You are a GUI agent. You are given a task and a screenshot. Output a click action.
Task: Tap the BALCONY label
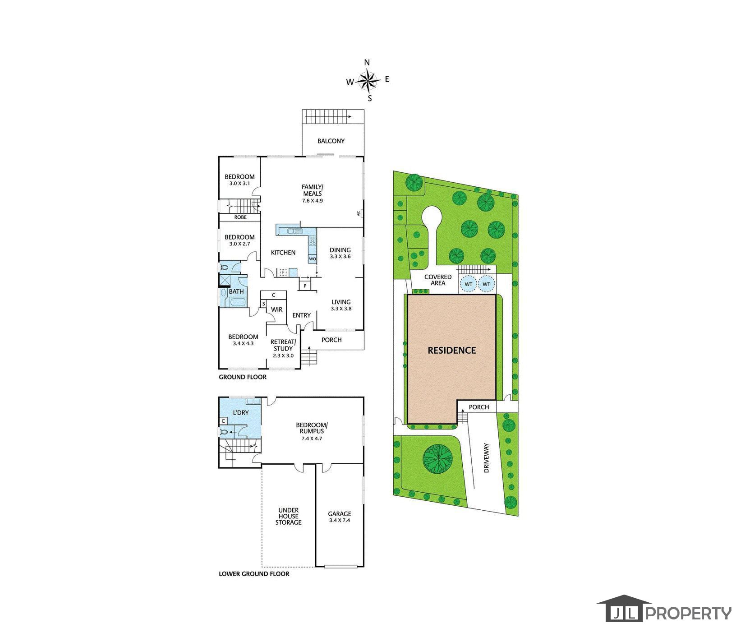point(331,141)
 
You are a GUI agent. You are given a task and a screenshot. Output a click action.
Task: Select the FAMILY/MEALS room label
point(313,190)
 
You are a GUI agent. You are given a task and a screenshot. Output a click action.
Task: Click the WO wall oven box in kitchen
point(313,259)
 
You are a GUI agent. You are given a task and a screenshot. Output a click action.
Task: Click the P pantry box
point(305,286)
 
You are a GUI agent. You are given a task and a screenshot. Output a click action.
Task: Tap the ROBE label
point(240,217)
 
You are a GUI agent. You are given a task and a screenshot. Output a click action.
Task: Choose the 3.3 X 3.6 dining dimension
point(340,256)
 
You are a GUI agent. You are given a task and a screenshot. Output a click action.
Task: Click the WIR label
point(276,309)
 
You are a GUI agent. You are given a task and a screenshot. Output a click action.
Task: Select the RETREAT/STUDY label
point(283,345)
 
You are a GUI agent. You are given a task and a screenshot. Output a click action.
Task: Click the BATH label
point(236,291)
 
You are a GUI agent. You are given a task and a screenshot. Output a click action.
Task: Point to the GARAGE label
point(340,513)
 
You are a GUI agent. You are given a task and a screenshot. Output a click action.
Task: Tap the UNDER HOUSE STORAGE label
point(289,516)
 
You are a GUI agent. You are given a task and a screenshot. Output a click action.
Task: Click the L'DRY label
point(240,413)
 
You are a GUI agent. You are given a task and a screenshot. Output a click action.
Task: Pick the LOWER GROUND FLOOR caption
point(254,574)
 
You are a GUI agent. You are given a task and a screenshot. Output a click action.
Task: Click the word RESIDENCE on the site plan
point(451,350)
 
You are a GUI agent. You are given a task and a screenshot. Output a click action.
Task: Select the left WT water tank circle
point(469,284)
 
